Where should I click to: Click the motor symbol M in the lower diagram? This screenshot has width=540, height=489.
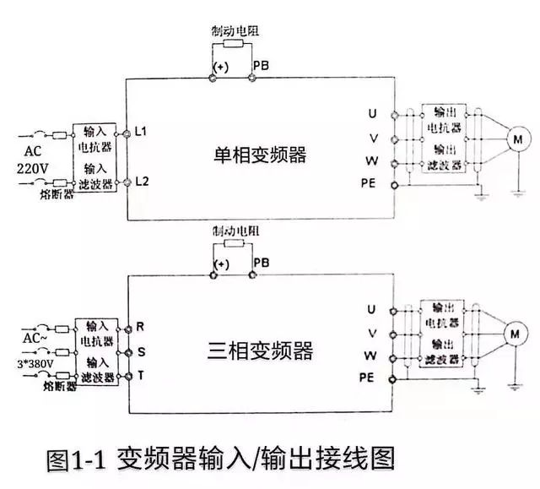pos(512,336)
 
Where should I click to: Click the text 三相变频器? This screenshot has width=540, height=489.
pos(260,350)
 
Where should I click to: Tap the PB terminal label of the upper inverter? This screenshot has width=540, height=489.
pos(261,65)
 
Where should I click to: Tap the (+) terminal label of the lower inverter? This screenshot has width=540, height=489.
pos(220,264)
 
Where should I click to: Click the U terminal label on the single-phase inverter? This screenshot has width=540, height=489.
pos(371,112)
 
